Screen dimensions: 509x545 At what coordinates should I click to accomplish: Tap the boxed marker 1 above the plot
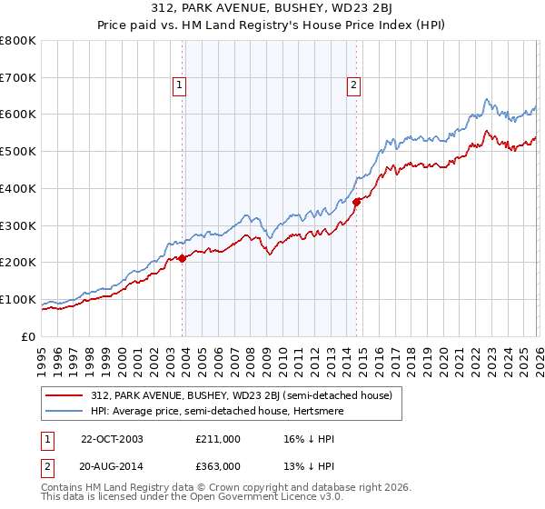pos(179,86)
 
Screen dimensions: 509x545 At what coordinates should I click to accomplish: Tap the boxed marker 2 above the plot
pos(352,86)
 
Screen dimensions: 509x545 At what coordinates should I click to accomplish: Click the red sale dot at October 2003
pos(183,258)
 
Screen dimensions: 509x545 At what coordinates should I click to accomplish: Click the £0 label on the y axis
pos(27,337)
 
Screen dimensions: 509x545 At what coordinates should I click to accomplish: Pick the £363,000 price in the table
pos(218,465)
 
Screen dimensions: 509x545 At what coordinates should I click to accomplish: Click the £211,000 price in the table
pos(218,438)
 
